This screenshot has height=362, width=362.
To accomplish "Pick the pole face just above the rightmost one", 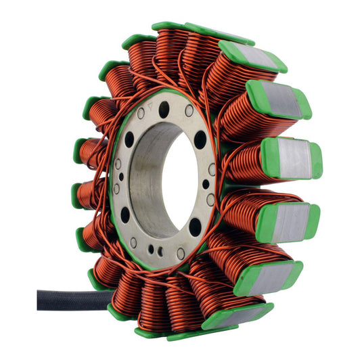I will point(279,99).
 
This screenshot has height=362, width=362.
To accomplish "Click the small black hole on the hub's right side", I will point(206,184).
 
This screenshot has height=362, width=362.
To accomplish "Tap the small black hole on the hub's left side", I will point(121,177).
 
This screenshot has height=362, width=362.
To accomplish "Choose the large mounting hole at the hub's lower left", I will point(125,215).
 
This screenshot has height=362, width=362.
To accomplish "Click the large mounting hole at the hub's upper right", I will point(200,139).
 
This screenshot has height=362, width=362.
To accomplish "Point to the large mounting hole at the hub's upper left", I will point(129,139).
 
